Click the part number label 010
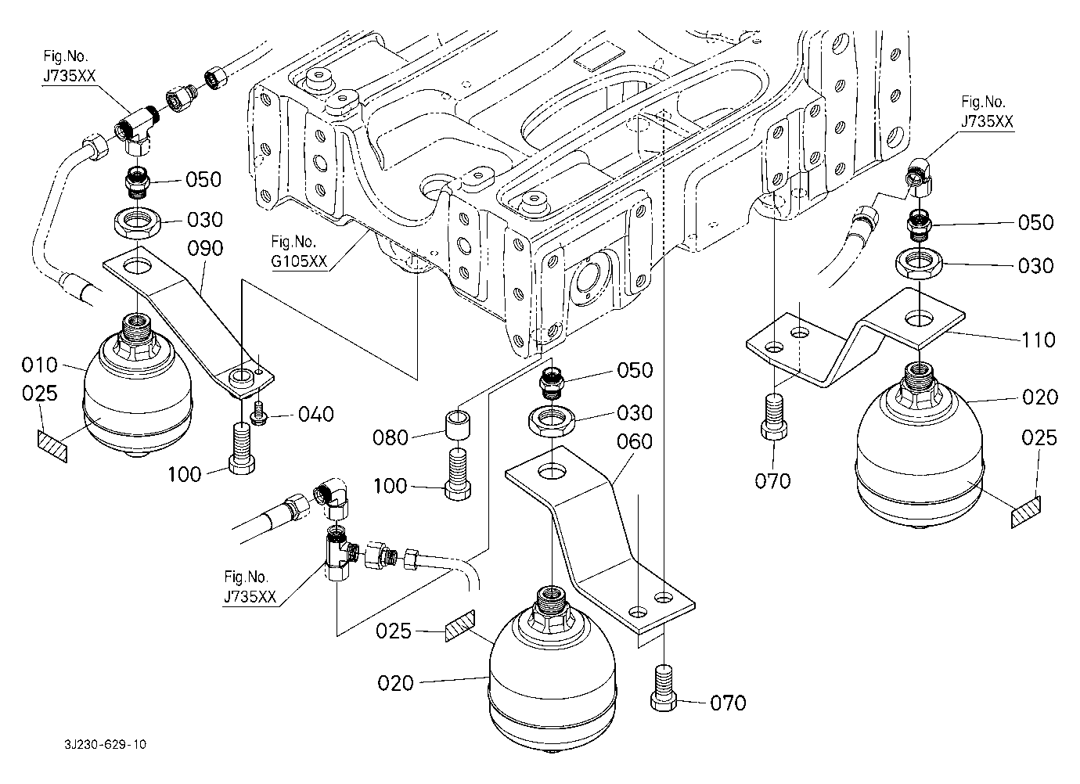(x=39, y=365)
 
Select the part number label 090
(x=205, y=249)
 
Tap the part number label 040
(x=315, y=414)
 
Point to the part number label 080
(x=391, y=437)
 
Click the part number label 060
(x=635, y=442)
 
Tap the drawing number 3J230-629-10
(x=106, y=744)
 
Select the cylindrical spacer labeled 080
(x=458, y=427)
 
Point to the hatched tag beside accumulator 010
(x=52, y=443)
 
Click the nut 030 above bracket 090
(x=138, y=222)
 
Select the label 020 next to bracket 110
(x=1039, y=397)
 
